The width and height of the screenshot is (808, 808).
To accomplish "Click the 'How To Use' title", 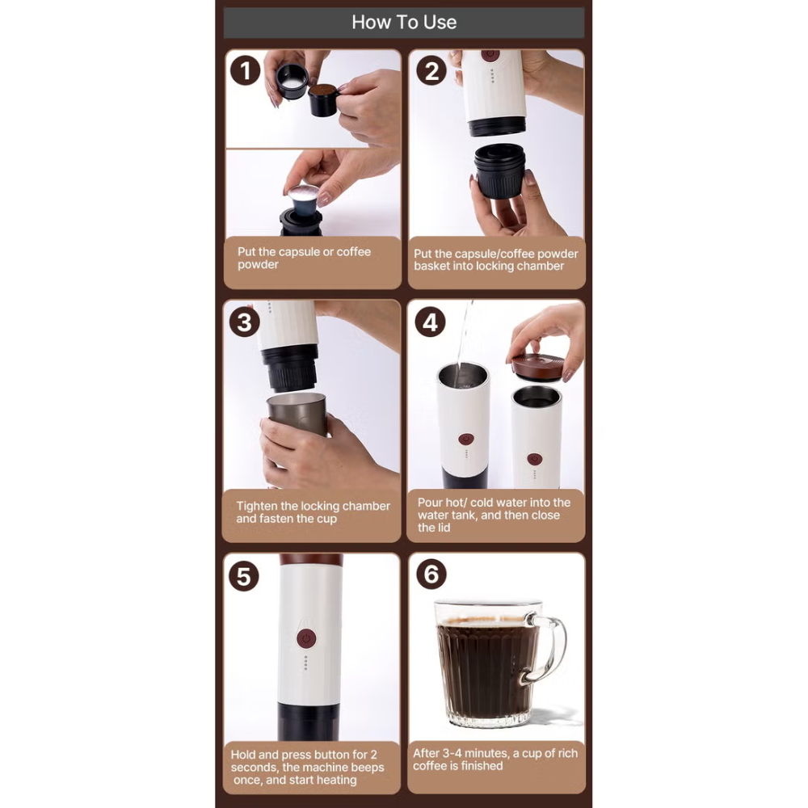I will pyautogui.click(x=404, y=23).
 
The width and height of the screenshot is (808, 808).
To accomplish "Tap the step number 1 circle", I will pyautogui.click(x=245, y=71).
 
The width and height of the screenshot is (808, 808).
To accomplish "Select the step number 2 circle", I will pyautogui.click(x=431, y=71).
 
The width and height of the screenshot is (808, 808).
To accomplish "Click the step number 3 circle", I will pyautogui.click(x=245, y=322).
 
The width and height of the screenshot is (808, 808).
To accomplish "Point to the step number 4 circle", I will pyautogui.click(x=431, y=322).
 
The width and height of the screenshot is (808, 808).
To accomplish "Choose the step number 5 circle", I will pyautogui.click(x=245, y=576).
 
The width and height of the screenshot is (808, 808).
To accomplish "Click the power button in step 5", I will pyautogui.click(x=305, y=638).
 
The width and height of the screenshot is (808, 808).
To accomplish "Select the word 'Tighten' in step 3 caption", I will pyautogui.click(x=257, y=506).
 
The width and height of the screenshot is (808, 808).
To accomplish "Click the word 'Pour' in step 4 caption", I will pyautogui.click(x=431, y=503).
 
